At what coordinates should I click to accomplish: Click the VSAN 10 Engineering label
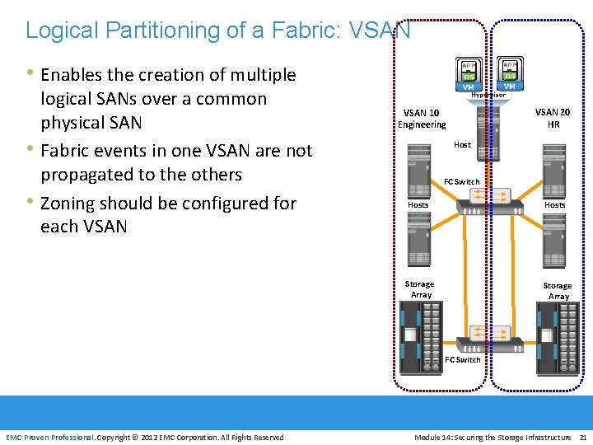point(421,119)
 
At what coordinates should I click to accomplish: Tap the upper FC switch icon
point(483,199)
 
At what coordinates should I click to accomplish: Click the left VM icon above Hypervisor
point(468,73)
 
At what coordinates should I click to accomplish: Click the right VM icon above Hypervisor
point(509,73)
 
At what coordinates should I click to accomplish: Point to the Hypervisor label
point(488,94)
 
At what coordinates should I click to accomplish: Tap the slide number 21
point(583,437)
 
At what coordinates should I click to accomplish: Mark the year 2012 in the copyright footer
point(151,437)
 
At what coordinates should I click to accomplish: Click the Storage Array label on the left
point(420,289)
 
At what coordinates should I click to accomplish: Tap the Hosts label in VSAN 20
point(554,204)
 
